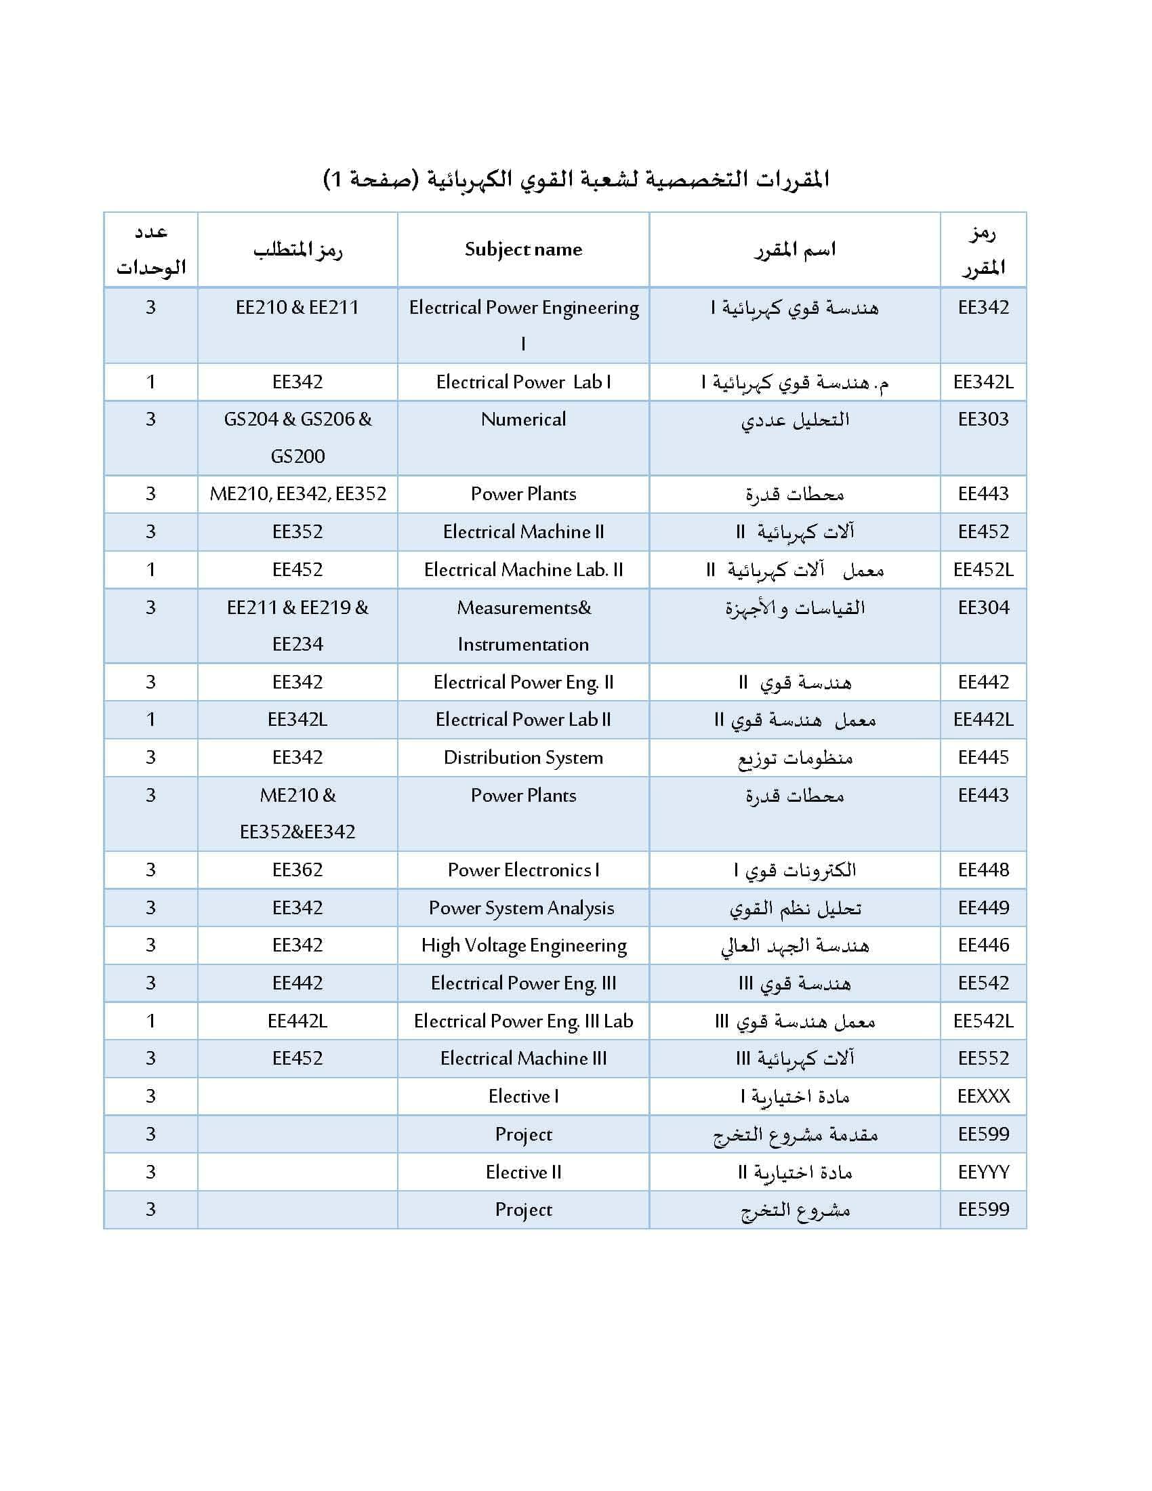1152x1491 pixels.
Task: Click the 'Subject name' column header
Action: pos(522,250)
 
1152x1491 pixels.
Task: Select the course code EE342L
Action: pos(983,382)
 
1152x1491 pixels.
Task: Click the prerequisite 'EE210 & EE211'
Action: pos(297,308)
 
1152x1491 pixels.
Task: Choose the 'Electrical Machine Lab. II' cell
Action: pos(522,570)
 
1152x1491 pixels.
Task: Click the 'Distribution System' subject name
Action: pos(522,758)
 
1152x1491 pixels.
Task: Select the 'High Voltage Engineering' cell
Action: pos(522,945)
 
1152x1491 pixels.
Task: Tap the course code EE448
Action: pos(983,870)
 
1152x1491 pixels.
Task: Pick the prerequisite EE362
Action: pos(297,870)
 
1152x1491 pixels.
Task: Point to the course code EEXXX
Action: pos(983,1097)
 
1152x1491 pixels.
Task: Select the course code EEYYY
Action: pos(983,1172)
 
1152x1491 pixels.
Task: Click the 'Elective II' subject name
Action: pos(522,1172)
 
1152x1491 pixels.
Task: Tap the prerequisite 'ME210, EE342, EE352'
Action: pos(297,494)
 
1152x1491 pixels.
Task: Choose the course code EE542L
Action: pos(983,1021)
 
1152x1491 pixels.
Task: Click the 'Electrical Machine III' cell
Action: pos(522,1059)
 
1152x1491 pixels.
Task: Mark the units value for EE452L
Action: pos(151,570)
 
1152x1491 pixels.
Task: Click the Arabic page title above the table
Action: pos(576,180)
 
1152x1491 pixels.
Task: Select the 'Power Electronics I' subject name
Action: pos(522,870)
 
